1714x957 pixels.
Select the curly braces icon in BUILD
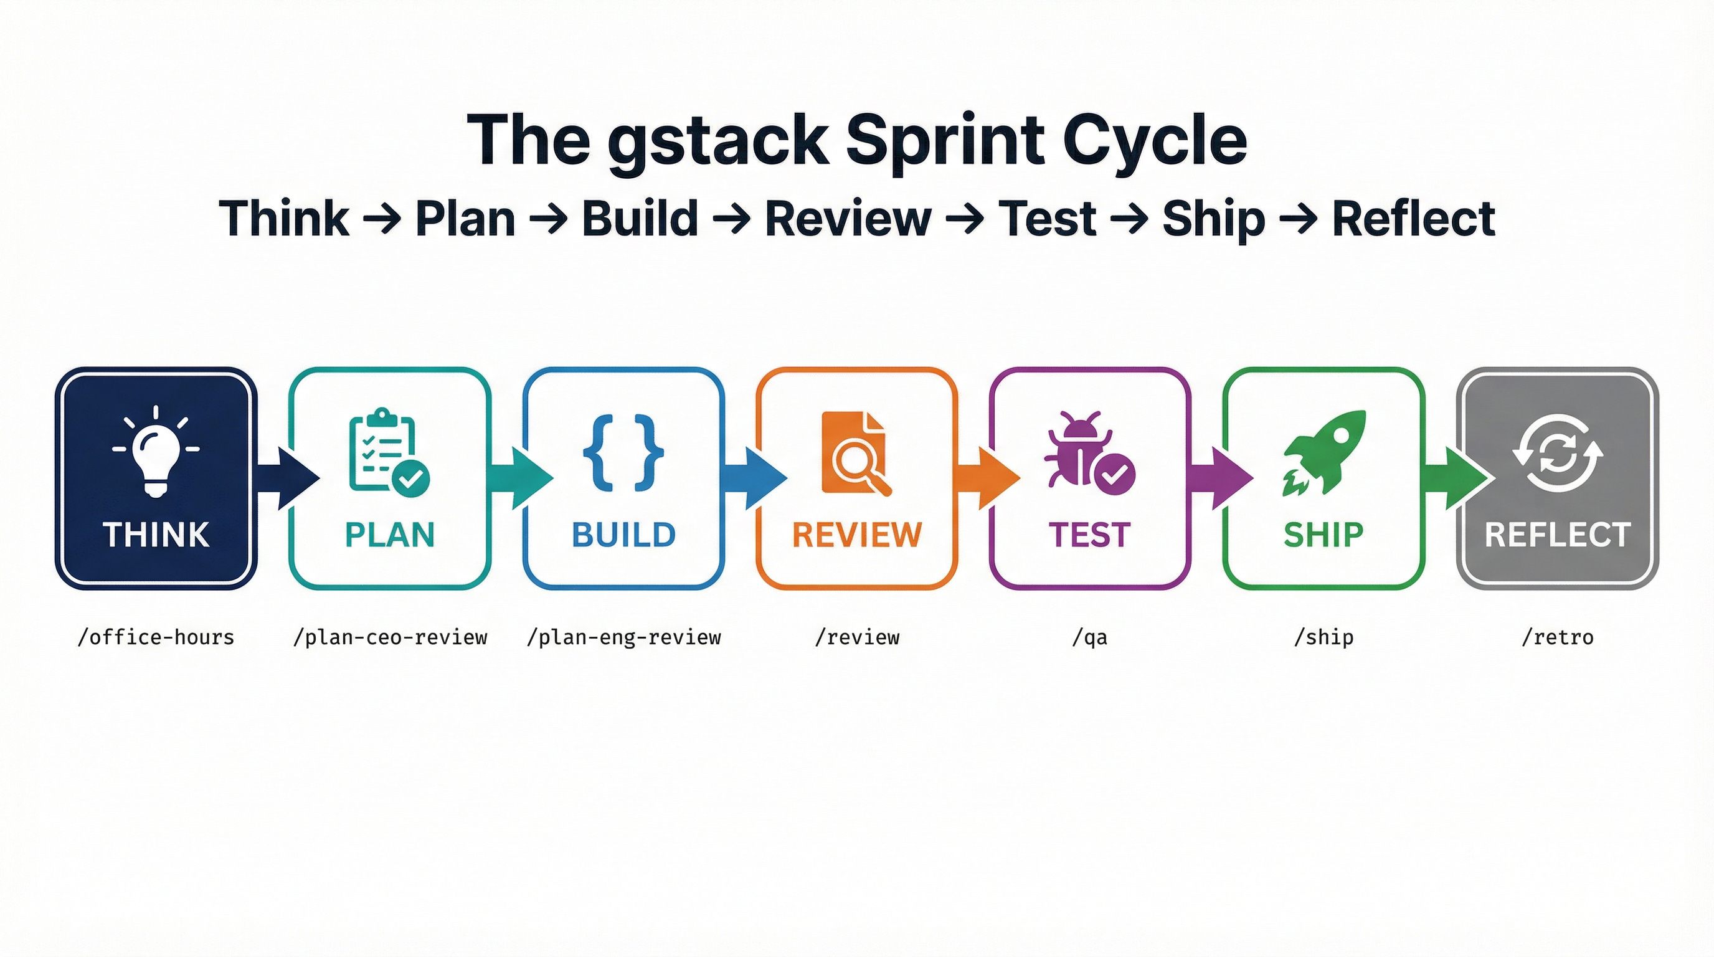[x=623, y=452]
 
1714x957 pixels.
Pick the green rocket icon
[x=1324, y=452]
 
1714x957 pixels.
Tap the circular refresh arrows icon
[x=1558, y=452]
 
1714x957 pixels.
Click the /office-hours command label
[x=156, y=637]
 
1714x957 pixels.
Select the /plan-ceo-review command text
[x=391, y=637]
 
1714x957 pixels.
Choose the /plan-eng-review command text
[x=623, y=637]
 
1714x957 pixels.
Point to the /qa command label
[x=1090, y=637]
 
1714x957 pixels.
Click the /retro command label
[x=1558, y=637]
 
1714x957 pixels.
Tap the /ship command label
[x=1323, y=637]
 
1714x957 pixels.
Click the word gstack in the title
[x=718, y=141]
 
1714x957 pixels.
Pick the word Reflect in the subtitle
[x=1413, y=218]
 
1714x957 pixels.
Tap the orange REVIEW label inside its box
[x=857, y=535]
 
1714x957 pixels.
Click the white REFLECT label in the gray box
[x=1558, y=535]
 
